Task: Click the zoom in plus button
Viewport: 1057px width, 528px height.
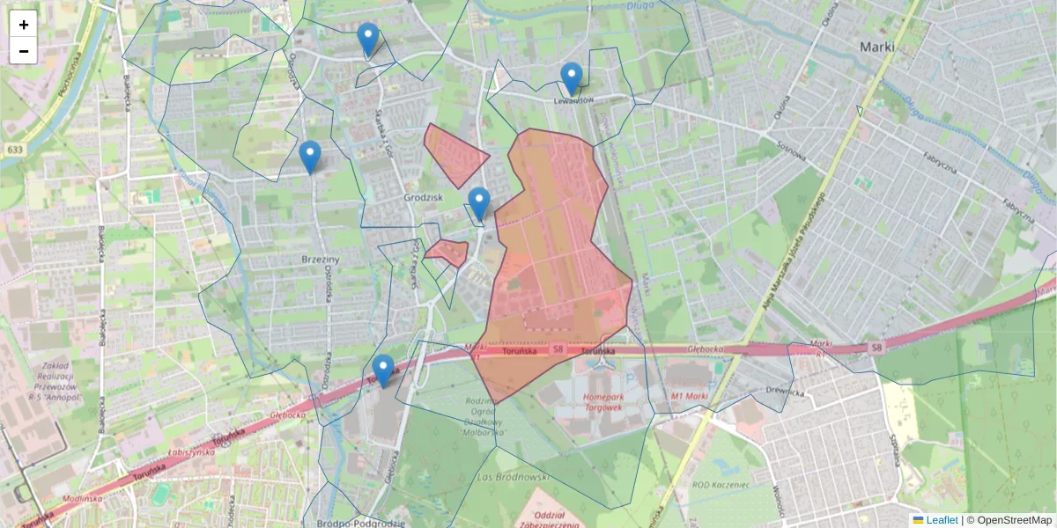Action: [24, 25]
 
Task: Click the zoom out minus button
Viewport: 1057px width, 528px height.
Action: [24, 51]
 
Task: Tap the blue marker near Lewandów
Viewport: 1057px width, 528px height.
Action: [572, 78]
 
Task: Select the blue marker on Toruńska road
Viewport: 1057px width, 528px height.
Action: [382, 370]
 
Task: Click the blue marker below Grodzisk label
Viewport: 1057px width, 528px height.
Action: [478, 203]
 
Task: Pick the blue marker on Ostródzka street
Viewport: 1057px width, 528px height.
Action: [309, 157]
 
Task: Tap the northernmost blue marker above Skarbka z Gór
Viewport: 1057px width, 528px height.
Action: [368, 39]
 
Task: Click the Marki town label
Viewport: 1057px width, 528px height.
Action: [877, 48]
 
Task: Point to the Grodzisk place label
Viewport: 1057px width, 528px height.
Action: [422, 197]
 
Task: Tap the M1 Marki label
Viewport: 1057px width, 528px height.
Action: [689, 397]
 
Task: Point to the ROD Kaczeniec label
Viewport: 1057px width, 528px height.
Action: [721, 484]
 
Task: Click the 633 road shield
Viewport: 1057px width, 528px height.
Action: [12, 150]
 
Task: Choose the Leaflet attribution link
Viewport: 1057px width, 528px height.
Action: [941, 520]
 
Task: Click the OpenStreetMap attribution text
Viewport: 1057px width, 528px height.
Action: [1009, 520]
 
